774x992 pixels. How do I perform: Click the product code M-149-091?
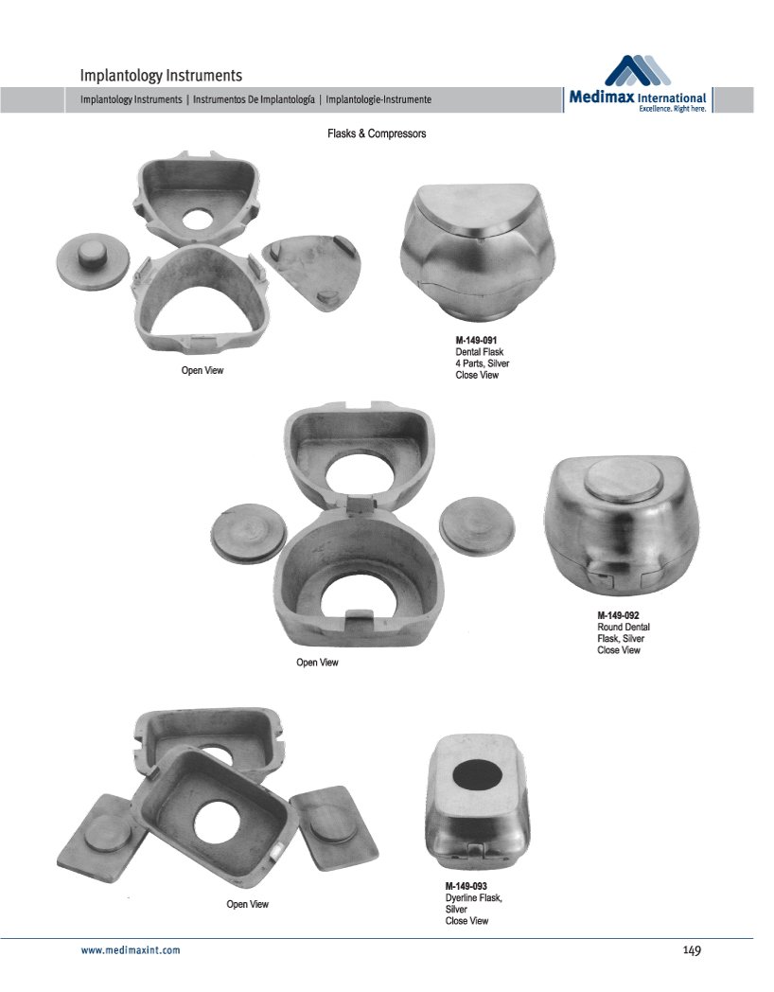click(x=476, y=341)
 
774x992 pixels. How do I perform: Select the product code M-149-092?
click(x=618, y=615)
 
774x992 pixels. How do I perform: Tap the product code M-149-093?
click(x=466, y=886)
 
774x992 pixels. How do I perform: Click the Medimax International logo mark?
click(x=638, y=70)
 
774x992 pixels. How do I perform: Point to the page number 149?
click(x=692, y=950)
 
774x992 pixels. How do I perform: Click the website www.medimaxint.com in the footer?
click(x=131, y=950)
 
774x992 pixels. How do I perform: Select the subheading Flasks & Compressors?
click(x=377, y=133)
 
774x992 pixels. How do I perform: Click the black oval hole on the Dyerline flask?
click(x=478, y=775)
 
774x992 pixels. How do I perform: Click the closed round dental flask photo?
click(x=622, y=525)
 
